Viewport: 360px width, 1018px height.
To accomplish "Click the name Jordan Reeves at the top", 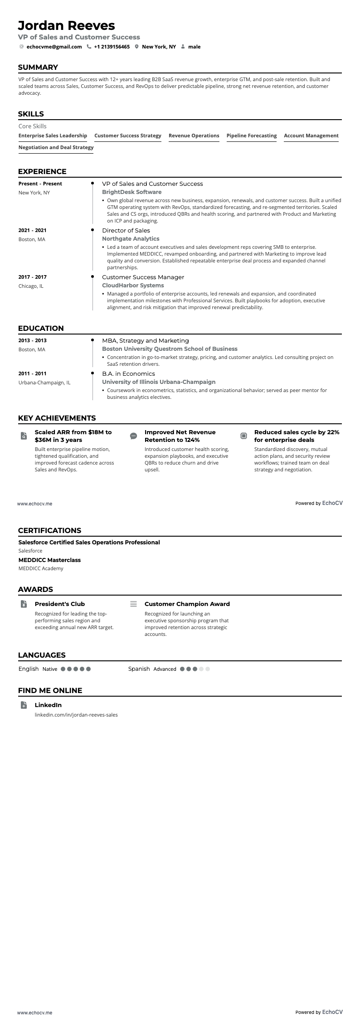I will tap(66, 25).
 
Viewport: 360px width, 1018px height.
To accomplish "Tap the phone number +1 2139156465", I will tap(112, 47).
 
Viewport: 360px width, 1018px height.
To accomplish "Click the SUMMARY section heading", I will tap(38, 68).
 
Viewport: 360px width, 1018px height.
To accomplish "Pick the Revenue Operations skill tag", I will tap(194, 136).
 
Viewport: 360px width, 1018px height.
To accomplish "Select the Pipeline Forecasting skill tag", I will tap(251, 136).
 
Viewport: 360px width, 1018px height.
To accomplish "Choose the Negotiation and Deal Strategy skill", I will tap(56, 147).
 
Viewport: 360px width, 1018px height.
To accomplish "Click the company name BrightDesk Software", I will tap(131, 192).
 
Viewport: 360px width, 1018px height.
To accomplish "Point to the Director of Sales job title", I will tap(126, 231).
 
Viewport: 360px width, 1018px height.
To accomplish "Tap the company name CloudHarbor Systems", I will tap(133, 286).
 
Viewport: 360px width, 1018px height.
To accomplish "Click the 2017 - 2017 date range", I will tap(32, 277).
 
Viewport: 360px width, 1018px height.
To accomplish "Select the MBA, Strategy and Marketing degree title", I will tap(145, 341).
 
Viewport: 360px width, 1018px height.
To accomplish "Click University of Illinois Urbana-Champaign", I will tap(158, 382).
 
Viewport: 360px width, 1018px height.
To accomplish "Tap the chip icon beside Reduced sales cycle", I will tap(243, 436).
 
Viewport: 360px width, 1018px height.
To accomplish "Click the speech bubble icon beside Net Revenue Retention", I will tap(133, 436).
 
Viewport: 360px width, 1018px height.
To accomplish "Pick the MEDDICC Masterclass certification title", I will tap(49, 560).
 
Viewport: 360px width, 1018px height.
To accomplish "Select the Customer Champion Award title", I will tap(187, 604).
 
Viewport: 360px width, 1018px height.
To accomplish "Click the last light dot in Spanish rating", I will tap(208, 669).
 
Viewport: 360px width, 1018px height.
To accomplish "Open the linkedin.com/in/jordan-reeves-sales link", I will tap(76, 715).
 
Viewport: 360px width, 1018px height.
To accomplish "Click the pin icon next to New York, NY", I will tap(136, 47).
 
